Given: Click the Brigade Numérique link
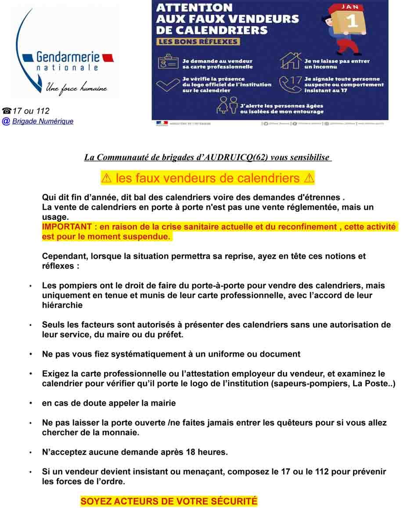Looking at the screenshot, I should tap(43, 122).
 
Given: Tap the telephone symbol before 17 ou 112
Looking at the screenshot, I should tap(7, 111).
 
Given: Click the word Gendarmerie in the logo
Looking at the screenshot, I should tap(68, 57).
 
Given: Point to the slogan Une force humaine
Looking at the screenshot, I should tap(76, 88).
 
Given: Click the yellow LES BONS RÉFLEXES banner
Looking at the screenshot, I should tap(198, 42).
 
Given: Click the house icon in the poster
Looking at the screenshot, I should tap(290, 61).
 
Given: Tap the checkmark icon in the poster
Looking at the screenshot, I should tap(167, 84).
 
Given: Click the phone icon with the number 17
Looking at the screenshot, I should tap(290, 84).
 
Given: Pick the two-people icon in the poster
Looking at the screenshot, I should tap(227, 106).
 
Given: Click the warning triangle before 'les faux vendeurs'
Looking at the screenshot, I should tap(106, 179).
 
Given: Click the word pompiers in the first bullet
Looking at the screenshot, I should tap(72, 286).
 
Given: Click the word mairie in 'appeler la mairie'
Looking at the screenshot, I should tap(163, 403).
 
